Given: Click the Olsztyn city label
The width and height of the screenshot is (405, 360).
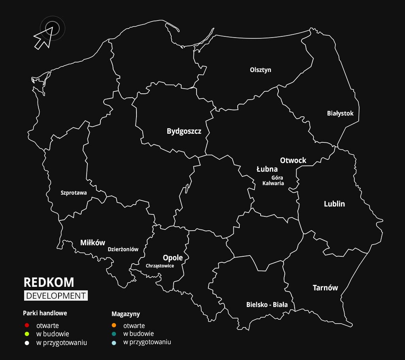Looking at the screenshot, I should pyautogui.click(x=261, y=70).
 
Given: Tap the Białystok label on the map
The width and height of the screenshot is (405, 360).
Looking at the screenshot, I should pyautogui.click(x=340, y=114).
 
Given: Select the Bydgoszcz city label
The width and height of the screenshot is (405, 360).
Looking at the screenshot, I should pyautogui.click(x=184, y=131).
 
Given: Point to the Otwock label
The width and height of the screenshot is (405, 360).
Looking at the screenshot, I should pyautogui.click(x=293, y=160).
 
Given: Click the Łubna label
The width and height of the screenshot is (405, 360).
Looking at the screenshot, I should pyautogui.click(x=267, y=169).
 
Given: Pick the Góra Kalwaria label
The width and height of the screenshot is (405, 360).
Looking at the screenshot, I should pyautogui.click(x=273, y=180).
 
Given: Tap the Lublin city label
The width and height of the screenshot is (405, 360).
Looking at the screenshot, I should pyautogui.click(x=334, y=204).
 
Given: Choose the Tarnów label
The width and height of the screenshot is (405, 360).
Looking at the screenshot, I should pyautogui.click(x=325, y=288).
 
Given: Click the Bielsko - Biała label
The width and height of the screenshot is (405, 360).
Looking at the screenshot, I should pyautogui.click(x=267, y=305).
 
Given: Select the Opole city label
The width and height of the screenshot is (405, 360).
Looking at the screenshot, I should pyautogui.click(x=173, y=258).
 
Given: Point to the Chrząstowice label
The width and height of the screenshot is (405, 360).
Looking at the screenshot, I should pyautogui.click(x=160, y=266).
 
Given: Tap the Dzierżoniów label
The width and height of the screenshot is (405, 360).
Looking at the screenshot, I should pyautogui.click(x=123, y=250).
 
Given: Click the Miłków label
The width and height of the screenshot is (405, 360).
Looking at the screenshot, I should pyautogui.click(x=93, y=243).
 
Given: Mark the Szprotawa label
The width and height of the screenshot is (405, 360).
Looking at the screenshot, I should pyautogui.click(x=74, y=193).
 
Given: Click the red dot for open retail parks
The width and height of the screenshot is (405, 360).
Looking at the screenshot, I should pyautogui.click(x=27, y=326).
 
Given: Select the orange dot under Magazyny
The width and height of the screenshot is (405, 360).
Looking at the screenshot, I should pyautogui.click(x=114, y=326).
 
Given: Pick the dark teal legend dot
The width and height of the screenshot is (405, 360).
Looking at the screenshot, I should pyautogui.click(x=114, y=333).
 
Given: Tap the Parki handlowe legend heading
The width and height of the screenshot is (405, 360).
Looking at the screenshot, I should pyautogui.click(x=45, y=313).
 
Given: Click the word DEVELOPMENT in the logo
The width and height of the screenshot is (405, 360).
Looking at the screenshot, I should pyautogui.click(x=55, y=296).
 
